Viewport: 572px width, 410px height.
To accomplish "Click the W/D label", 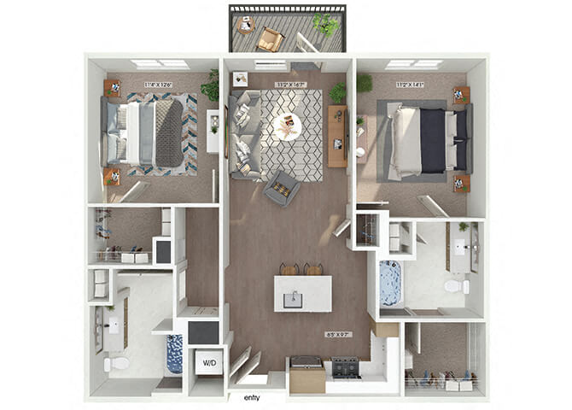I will pyautogui.click(x=207, y=362).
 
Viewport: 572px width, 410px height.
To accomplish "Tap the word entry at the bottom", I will pyautogui.click(x=252, y=397).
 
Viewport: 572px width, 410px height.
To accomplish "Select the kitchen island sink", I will pyautogui.click(x=295, y=298).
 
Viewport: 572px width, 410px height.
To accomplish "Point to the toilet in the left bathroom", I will pyautogui.click(x=116, y=364).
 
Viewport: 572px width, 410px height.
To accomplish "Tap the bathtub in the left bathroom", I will pyautogui.click(x=175, y=354).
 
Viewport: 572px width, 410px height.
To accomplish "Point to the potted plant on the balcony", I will pyautogui.click(x=325, y=24).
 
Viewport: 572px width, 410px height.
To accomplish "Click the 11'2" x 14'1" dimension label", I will pyautogui.click(x=409, y=84).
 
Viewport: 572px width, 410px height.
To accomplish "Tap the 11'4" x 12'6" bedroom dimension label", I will pyautogui.click(x=158, y=84).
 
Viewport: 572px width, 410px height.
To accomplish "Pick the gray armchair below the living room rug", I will pyautogui.click(x=281, y=187).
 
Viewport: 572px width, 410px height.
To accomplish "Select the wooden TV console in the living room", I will pyautogui.click(x=336, y=135).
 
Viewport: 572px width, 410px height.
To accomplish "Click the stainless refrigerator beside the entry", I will pyautogui.click(x=307, y=374).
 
